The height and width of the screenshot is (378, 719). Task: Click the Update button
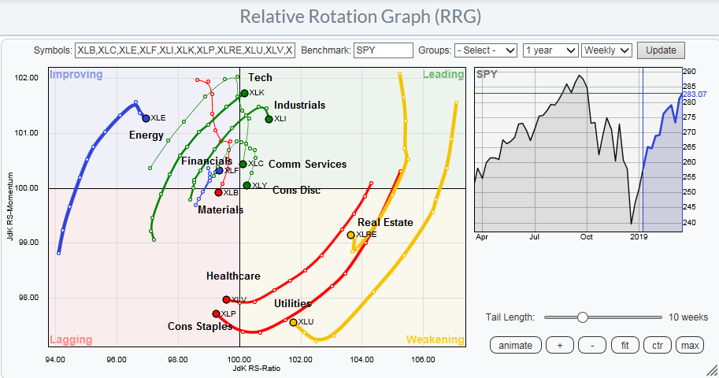tap(661, 50)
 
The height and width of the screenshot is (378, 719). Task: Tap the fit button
tap(624, 345)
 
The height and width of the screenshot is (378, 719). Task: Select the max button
tap(691, 345)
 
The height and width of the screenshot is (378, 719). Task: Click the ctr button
tap(658, 345)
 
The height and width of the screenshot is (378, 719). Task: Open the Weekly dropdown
tap(606, 50)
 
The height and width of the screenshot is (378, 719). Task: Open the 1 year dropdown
tap(550, 50)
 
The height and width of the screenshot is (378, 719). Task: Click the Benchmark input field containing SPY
tap(384, 50)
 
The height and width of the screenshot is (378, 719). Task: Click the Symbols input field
tap(185, 50)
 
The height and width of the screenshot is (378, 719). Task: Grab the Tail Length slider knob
tap(582, 317)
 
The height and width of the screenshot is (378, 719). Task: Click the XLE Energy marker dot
tap(146, 118)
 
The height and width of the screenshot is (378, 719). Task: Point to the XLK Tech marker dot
tap(244, 93)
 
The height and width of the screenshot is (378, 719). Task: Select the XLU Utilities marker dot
tap(293, 322)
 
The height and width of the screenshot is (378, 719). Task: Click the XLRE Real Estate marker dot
tap(350, 235)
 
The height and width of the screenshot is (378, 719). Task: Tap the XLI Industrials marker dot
tap(269, 119)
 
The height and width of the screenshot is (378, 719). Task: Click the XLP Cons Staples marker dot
tap(216, 313)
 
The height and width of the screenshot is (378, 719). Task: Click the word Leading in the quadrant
tap(443, 75)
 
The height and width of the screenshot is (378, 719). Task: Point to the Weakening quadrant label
tap(434, 339)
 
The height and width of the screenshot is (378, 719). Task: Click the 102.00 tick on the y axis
tap(27, 77)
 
